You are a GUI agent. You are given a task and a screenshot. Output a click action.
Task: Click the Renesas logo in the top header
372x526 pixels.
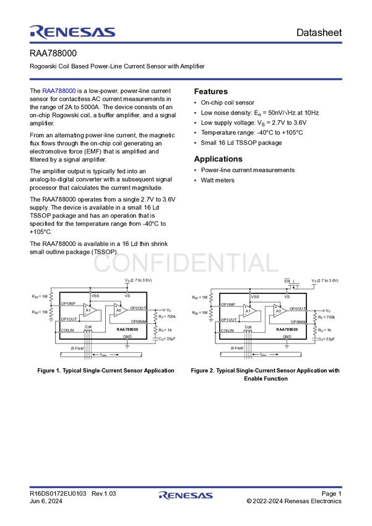(72, 31)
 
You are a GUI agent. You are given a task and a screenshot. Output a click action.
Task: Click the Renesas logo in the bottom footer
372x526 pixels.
(186, 496)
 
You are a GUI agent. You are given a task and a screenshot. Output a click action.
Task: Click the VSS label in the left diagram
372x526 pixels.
(95, 296)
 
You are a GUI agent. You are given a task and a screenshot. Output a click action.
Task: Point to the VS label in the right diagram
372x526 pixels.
(287, 296)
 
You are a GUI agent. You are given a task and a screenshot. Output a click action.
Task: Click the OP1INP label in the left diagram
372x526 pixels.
(68, 304)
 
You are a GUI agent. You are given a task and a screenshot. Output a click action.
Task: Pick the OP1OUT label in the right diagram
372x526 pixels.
(229, 319)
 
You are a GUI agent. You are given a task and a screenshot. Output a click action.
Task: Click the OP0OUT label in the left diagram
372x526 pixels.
(138, 308)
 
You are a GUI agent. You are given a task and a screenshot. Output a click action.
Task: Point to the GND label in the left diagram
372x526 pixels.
(127, 336)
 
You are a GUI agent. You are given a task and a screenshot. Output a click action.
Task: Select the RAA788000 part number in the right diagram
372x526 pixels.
(287, 330)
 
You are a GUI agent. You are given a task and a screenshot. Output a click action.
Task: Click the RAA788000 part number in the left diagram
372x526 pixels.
(127, 330)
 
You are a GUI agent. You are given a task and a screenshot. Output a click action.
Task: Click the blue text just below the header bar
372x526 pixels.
(59, 91)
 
